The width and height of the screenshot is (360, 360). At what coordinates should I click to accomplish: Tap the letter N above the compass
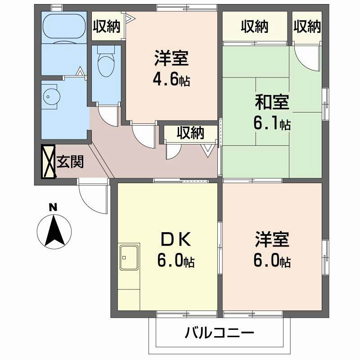(x=53, y=207)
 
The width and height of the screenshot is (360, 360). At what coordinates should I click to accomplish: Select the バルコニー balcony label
(x=220, y=333)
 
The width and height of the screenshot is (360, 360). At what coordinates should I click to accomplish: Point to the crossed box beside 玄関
(x=48, y=161)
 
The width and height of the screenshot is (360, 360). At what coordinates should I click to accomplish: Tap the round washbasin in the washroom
(x=50, y=96)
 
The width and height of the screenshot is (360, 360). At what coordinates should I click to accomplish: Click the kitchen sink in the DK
(x=129, y=257)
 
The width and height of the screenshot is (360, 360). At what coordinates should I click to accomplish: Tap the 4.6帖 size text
(x=171, y=81)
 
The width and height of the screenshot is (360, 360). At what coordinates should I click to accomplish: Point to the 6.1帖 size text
(x=272, y=124)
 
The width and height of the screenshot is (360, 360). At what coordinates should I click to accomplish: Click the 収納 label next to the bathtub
(x=107, y=27)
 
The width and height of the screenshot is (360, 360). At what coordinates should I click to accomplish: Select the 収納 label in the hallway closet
(x=190, y=133)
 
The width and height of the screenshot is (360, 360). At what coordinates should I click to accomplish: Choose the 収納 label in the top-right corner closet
(x=307, y=27)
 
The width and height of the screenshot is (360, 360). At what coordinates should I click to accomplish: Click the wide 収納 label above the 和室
(x=254, y=27)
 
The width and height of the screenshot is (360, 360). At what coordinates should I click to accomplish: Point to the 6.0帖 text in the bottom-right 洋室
(x=272, y=261)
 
